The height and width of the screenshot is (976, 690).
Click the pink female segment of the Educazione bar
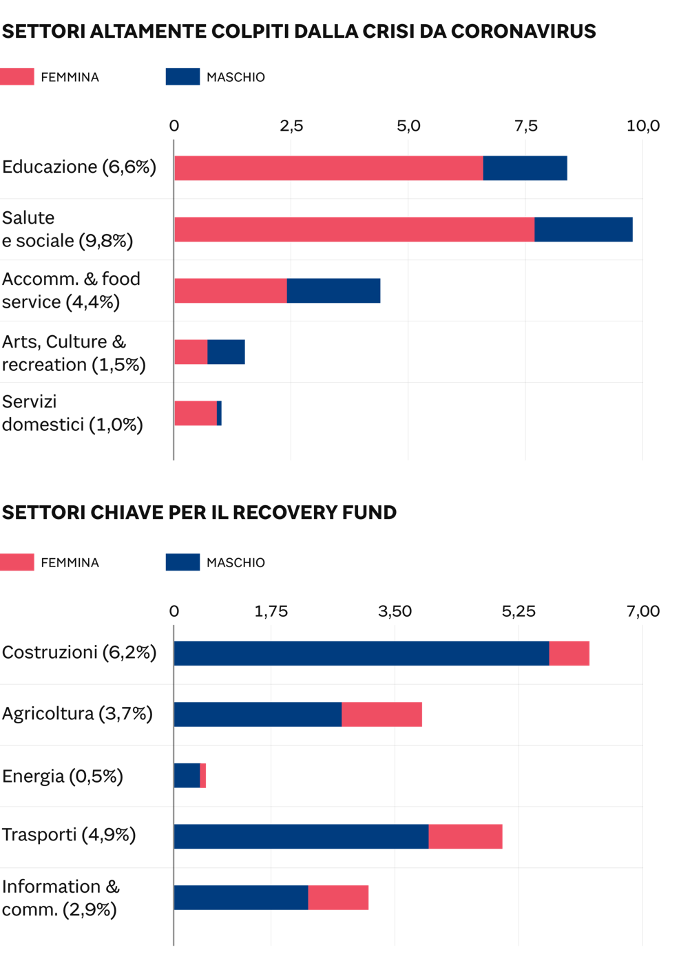[328, 169]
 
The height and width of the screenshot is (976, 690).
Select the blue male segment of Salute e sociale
[583, 230]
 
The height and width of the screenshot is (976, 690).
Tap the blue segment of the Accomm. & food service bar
[333, 291]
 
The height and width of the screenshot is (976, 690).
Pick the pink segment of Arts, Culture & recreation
[191, 352]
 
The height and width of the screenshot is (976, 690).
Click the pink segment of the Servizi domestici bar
[195, 414]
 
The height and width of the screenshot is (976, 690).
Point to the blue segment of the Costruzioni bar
[361, 654]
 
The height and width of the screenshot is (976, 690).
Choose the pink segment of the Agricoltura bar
[381, 715]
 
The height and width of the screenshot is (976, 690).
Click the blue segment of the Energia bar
[187, 776]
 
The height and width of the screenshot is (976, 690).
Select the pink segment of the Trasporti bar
[465, 837]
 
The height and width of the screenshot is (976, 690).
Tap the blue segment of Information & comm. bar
[240, 898]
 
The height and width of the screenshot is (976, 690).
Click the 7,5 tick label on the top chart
[525, 126]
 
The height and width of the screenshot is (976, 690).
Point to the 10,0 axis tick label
[642, 126]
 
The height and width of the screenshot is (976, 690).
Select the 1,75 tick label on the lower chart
[271, 611]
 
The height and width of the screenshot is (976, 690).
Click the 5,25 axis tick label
[519, 611]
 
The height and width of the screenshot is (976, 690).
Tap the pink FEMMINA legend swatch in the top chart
[17, 76]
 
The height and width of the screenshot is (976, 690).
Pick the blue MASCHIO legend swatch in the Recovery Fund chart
[182, 562]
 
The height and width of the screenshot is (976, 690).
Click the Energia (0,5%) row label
[63, 776]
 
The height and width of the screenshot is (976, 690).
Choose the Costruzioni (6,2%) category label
[79, 653]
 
